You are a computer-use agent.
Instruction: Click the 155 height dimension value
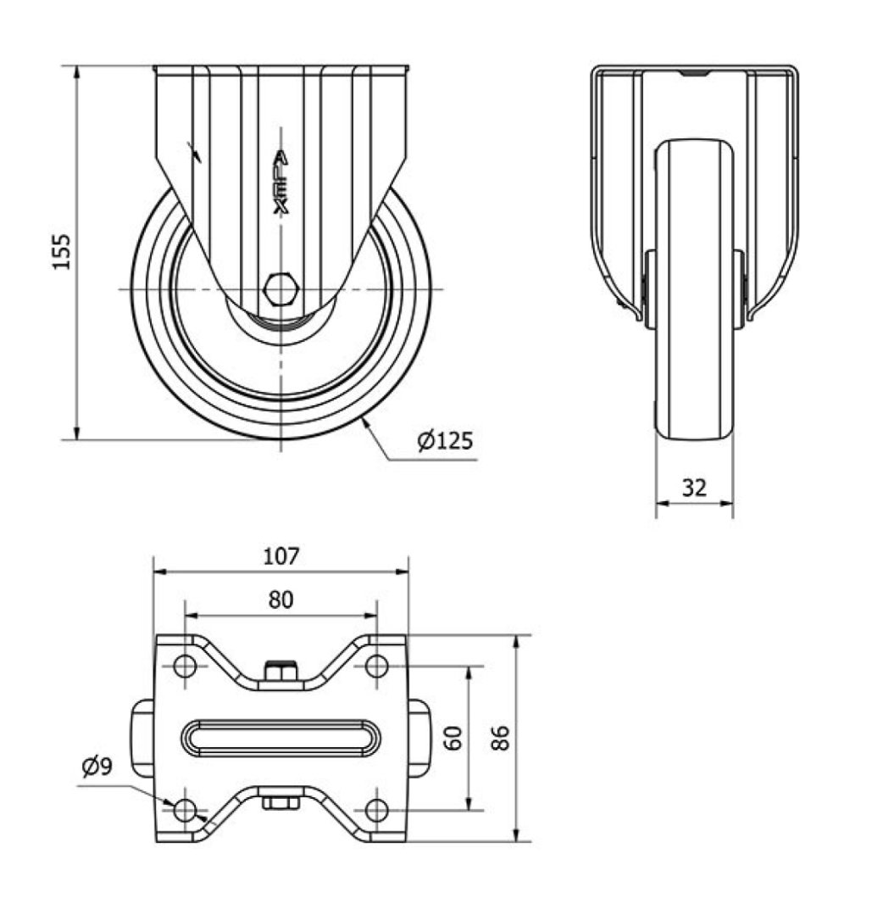click(x=62, y=251)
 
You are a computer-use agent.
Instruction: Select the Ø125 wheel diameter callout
click(x=445, y=440)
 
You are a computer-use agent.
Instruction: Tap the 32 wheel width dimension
click(x=694, y=488)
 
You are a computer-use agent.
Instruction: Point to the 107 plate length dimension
click(x=280, y=556)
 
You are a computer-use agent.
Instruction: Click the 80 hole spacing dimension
click(x=280, y=600)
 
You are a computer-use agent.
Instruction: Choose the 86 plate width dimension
click(x=500, y=738)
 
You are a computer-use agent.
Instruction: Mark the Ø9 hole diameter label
click(x=97, y=767)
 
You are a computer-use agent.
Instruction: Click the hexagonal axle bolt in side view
click(x=280, y=289)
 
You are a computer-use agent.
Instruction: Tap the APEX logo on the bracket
click(x=280, y=182)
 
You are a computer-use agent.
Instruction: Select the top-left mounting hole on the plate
click(x=185, y=667)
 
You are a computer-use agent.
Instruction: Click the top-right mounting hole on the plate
click(x=376, y=667)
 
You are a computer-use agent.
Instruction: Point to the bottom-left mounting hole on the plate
click(x=185, y=810)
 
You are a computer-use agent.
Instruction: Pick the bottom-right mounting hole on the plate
click(x=376, y=810)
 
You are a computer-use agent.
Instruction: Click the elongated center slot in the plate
click(x=280, y=738)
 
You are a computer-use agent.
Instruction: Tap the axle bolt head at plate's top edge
click(x=280, y=672)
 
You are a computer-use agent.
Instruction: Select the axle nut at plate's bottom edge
click(x=280, y=802)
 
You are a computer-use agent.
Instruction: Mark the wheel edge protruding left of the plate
click(x=143, y=738)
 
